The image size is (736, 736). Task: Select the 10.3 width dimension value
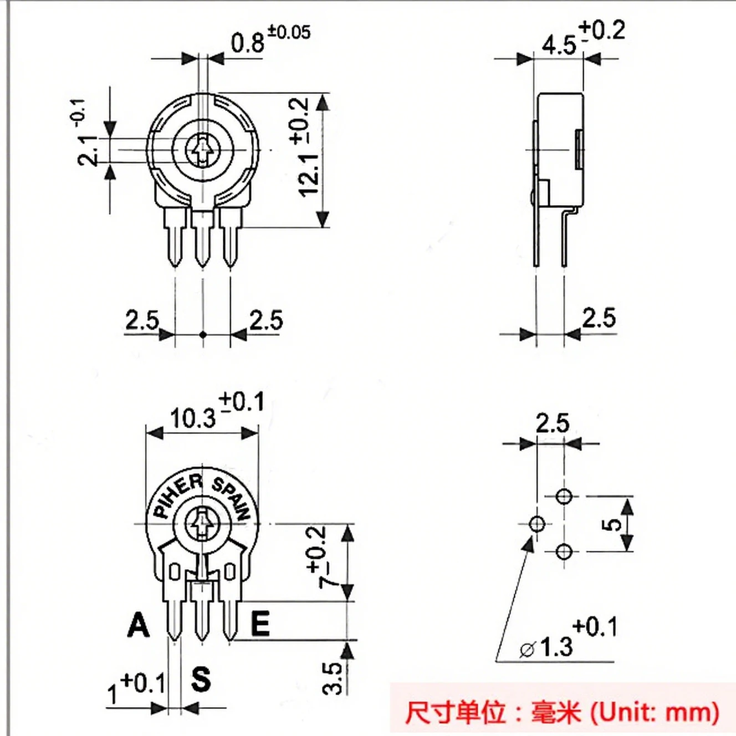(192, 418)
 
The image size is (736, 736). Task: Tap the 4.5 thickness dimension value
(559, 45)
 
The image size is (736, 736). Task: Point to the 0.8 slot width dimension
(248, 43)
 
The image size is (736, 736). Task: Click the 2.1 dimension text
(88, 151)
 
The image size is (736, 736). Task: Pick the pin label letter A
(138, 625)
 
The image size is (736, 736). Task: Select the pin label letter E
(260, 623)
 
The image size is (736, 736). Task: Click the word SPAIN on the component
(232, 498)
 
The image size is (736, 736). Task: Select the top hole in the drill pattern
(564, 497)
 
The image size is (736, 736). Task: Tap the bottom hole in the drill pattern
(564, 551)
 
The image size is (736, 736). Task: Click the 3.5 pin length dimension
(331, 678)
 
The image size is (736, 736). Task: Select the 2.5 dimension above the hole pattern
(553, 423)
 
